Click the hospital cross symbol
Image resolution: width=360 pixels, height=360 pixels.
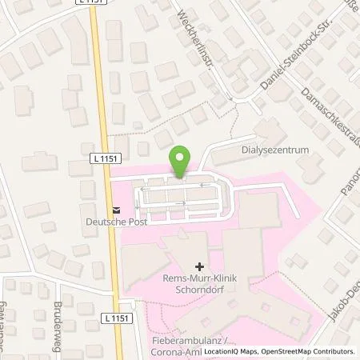tap(198, 263)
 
